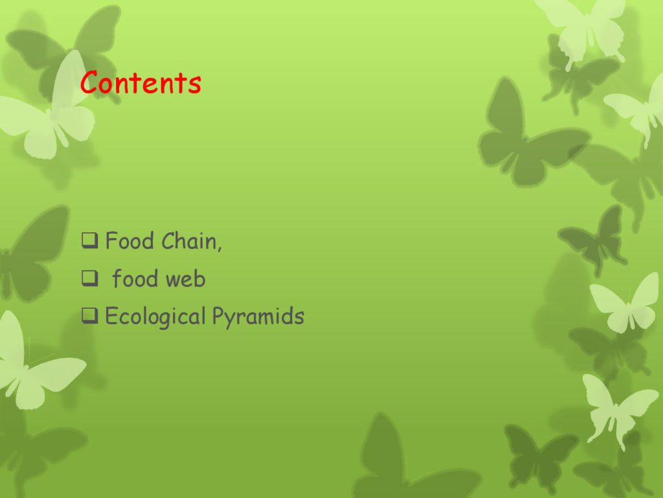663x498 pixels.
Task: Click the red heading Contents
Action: [140, 82]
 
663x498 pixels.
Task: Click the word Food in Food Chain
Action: [129, 241]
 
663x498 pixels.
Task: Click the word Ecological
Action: [155, 316]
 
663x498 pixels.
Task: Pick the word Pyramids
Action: [258, 316]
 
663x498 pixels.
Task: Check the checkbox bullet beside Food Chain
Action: [89, 241]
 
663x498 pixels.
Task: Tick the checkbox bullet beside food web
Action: [89, 278]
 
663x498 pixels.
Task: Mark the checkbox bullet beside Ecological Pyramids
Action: [89, 316]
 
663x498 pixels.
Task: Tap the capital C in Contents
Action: [90, 82]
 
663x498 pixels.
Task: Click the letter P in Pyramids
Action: [218, 316]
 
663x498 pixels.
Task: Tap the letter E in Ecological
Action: [111, 316]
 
